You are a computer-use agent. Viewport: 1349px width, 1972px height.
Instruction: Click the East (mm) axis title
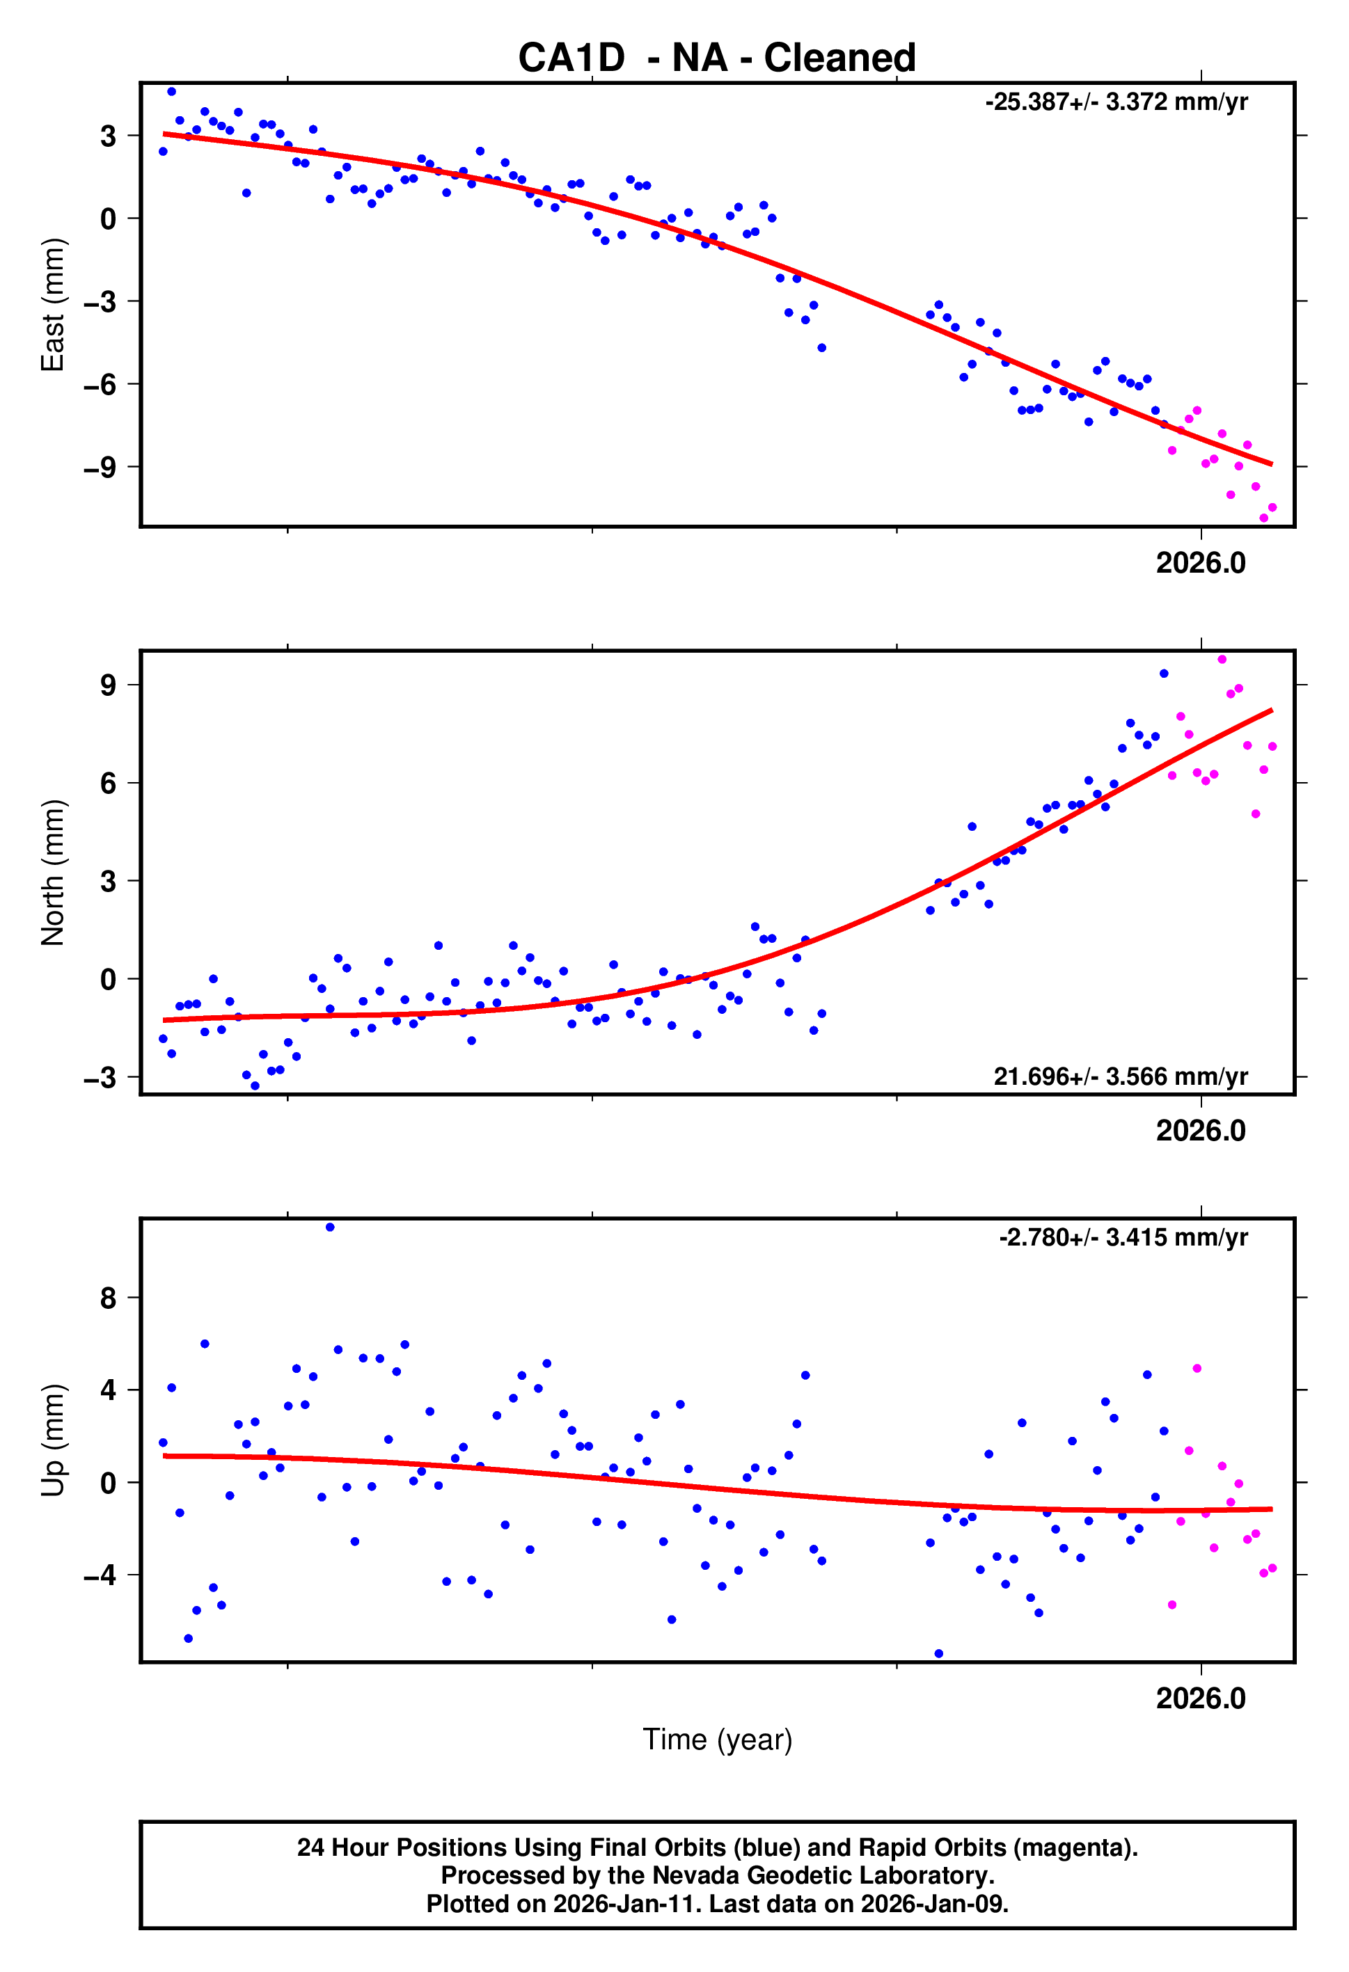click(x=53, y=305)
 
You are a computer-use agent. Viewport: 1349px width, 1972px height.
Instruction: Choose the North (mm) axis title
click(x=53, y=873)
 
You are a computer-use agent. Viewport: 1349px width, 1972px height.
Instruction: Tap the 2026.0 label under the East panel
click(x=1201, y=564)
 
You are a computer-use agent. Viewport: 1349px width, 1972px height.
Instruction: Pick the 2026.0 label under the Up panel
click(x=1201, y=1699)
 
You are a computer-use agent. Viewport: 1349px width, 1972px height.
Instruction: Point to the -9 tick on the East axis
click(x=100, y=468)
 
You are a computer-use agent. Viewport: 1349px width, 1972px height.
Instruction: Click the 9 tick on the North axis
click(x=108, y=685)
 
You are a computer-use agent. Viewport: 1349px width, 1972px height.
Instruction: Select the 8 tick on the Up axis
click(x=108, y=1298)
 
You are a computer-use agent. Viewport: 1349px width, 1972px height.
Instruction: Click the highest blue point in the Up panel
click(x=330, y=1227)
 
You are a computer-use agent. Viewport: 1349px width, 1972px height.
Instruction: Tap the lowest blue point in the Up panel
click(x=938, y=1654)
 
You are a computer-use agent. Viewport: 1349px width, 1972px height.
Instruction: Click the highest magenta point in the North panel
click(x=1222, y=660)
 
